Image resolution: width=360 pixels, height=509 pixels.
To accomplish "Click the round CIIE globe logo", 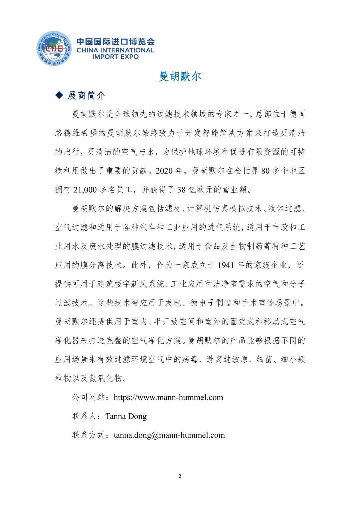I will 54,49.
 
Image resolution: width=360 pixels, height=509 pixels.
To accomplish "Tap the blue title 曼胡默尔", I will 180,76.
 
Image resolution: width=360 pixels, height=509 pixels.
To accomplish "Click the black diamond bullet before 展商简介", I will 59,95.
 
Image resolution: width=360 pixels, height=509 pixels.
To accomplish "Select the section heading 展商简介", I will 87,96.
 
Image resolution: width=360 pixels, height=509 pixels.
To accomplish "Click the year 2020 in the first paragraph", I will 164,171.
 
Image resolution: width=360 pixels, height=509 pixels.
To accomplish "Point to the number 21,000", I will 85,190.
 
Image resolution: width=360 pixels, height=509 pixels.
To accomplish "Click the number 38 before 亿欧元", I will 181,190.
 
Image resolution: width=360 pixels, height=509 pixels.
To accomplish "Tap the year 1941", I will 226,265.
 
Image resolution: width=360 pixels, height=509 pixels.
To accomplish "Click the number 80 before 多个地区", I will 265,171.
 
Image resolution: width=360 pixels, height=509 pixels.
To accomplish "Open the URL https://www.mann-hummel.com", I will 168,397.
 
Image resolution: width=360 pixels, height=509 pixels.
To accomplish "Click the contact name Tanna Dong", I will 126,416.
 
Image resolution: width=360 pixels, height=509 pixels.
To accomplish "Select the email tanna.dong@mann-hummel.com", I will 169,435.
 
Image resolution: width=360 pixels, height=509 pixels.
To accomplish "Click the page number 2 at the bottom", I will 180,476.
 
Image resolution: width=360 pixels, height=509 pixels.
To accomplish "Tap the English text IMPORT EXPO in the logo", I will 115,57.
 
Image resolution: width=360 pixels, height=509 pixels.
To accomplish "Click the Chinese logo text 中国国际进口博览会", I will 115,42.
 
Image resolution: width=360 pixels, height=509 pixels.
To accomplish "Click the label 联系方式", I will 89,435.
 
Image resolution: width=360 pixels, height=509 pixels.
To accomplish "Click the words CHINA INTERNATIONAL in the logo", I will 115,50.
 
